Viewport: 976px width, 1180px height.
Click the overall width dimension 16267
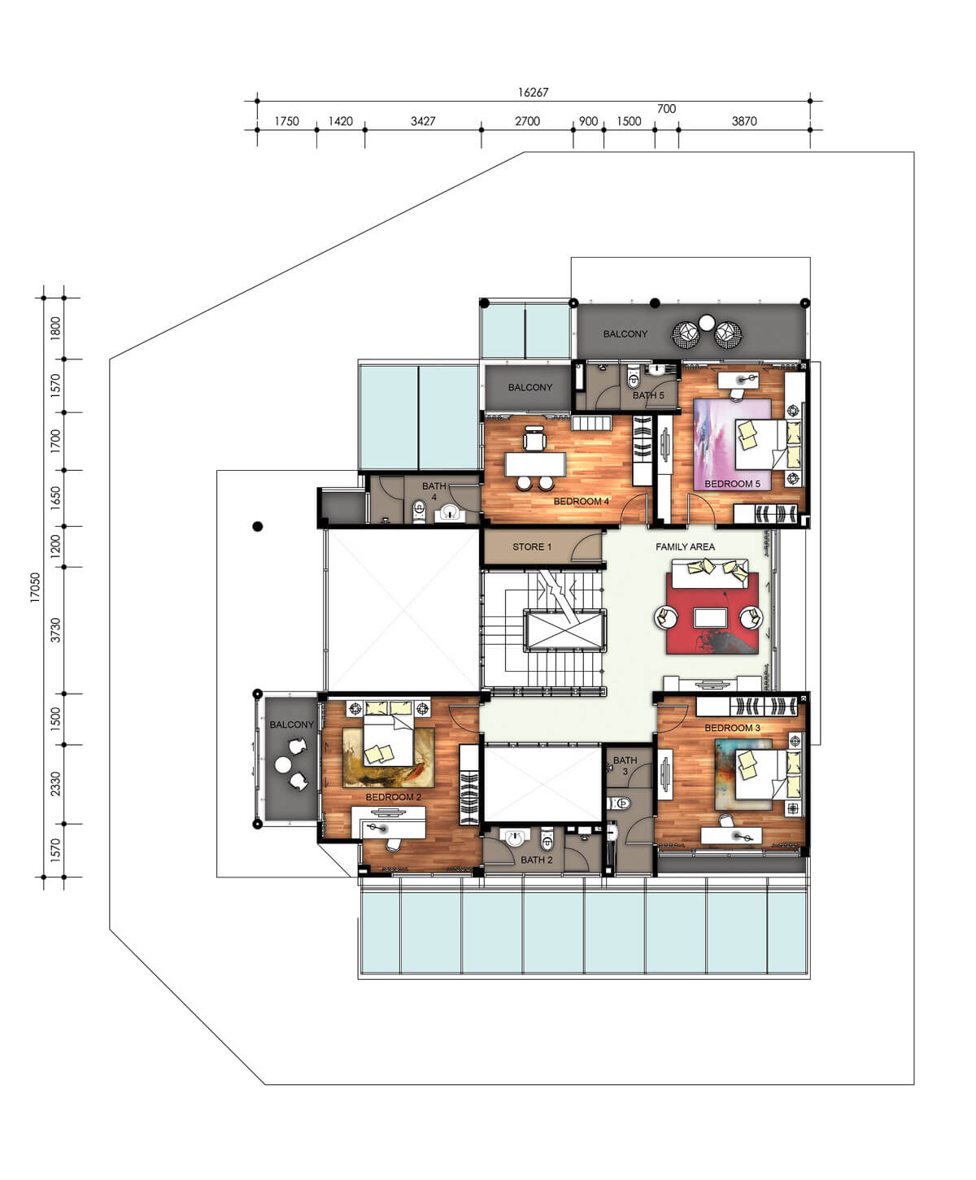(x=533, y=92)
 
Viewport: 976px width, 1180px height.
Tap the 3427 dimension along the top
(x=423, y=121)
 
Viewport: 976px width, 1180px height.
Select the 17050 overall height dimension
(x=35, y=588)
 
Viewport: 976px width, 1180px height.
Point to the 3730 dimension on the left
(x=55, y=629)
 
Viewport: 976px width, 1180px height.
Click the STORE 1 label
(x=532, y=546)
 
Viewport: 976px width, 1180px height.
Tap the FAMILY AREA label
(x=685, y=546)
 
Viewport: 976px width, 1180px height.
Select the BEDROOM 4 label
(x=581, y=501)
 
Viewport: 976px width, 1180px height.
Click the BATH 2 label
(x=536, y=860)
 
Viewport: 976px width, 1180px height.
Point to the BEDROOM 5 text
(x=732, y=484)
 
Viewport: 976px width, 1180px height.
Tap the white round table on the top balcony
(x=707, y=323)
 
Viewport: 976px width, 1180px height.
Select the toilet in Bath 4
(x=419, y=511)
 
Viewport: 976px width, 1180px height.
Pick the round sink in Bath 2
(x=514, y=838)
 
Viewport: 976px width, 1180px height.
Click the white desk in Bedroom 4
(x=535, y=464)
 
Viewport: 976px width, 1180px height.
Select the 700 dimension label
(x=666, y=108)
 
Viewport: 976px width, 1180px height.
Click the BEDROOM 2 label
(x=394, y=797)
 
